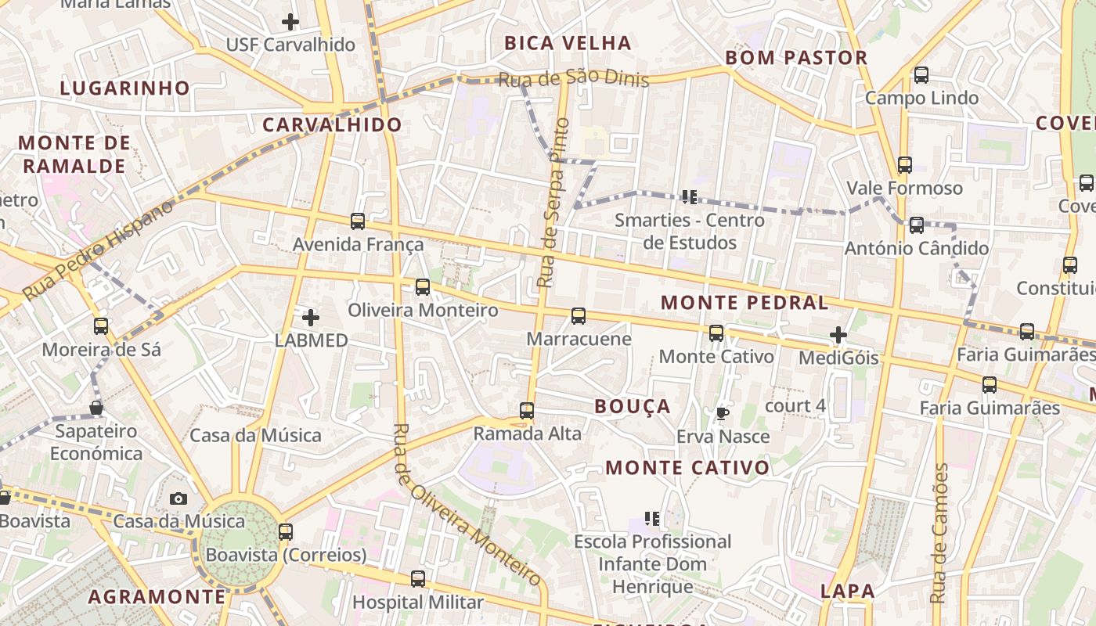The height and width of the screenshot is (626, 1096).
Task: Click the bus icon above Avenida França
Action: coord(358,221)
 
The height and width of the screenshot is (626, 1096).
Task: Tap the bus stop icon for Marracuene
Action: coord(579,316)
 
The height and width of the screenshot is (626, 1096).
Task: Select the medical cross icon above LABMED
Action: coord(311,318)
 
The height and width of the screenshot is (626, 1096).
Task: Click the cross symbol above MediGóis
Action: coord(838,336)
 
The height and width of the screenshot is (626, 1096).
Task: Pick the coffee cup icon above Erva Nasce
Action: coord(722,413)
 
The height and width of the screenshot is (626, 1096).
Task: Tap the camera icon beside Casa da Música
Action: coord(178,498)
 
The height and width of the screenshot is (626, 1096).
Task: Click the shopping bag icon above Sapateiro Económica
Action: coord(96,408)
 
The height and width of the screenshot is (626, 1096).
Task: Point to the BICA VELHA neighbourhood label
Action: coord(568,43)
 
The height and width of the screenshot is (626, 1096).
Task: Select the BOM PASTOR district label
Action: coord(796,57)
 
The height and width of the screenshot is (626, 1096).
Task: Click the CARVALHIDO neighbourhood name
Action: coord(331,124)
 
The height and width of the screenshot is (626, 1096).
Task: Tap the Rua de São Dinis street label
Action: coord(574,78)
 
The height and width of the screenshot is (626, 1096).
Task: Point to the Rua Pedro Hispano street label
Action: coord(97,250)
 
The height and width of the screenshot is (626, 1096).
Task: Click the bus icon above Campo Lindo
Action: coord(921,75)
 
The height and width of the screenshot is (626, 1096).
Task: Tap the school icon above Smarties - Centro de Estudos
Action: coord(689,196)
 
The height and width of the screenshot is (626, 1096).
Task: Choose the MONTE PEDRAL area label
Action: coord(744,303)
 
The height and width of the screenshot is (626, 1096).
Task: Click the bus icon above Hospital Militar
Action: coord(418,579)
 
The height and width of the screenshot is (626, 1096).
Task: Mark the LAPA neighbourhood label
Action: coord(848,591)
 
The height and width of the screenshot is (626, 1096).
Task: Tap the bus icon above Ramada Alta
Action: coord(527,410)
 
